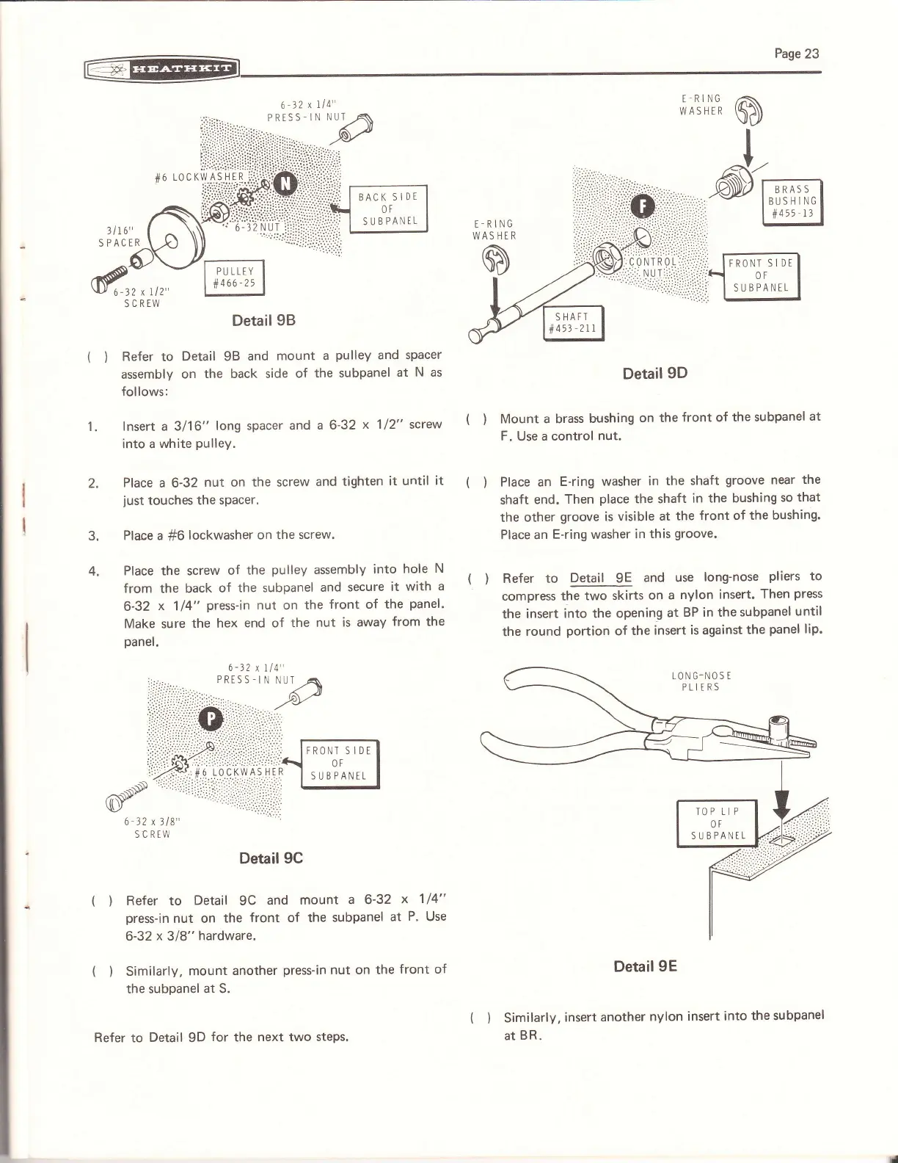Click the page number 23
pos(796,53)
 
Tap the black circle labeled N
pos(285,183)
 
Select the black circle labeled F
pos(642,208)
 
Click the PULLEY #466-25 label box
pos(234,278)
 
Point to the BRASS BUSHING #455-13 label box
pos(792,202)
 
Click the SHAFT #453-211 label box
pos(572,323)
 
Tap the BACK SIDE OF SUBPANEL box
pos(388,209)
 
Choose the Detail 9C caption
pos(271,858)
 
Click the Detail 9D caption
pos(654,373)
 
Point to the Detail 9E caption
pos(645,965)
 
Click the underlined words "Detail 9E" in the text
pos(601,577)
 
